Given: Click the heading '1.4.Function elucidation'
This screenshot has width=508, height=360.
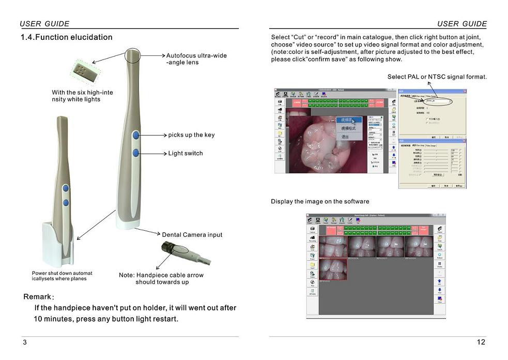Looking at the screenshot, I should (x=66, y=37).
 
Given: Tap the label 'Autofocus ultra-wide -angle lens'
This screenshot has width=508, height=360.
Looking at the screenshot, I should (x=196, y=59).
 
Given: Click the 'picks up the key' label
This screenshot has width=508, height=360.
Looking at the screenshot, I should (x=191, y=135).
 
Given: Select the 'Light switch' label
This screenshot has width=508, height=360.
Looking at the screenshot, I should (x=186, y=154).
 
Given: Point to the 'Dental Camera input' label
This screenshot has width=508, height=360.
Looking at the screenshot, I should (x=192, y=235).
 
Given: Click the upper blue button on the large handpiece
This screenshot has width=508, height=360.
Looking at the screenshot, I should (x=136, y=135).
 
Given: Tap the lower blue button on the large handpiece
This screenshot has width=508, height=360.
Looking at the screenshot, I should (x=136, y=153).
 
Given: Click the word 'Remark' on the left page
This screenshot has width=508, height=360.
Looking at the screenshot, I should (x=37, y=297).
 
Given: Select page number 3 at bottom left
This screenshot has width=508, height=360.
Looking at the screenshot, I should (x=24, y=342).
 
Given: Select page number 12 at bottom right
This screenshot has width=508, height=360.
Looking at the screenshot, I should (x=481, y=342).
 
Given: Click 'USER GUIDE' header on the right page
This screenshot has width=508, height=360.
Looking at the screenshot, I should (x=461, y=24).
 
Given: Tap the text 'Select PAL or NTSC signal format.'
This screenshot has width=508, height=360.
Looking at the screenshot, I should (x=437, y=77).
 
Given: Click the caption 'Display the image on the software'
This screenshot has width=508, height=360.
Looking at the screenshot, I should (x=320, y=201).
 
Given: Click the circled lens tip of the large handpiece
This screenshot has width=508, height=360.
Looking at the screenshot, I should (x=132, y=55).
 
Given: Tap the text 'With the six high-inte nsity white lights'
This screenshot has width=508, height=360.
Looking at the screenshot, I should (x=82, y=96).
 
